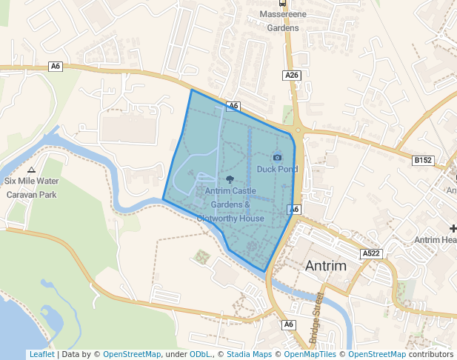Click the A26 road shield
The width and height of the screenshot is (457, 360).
tap(292, 76)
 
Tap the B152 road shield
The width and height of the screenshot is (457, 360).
tap(423, 160)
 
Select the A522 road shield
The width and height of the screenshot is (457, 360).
tap(371, 253)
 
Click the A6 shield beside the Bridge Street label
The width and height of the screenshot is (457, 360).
tap(288, 324)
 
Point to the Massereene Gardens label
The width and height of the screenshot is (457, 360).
tap(282, 21)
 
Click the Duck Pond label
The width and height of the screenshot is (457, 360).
tap(277, 169)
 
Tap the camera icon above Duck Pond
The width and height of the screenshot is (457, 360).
tap(277, 157)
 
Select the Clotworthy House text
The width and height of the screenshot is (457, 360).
tap(230, 219)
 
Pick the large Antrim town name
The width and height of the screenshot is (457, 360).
tap(325, 266)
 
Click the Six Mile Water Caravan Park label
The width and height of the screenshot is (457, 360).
tap(31, 187)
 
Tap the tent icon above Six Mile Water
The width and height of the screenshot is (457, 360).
tap(30, 170)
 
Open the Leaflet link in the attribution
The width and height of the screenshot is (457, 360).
tap(41, 354)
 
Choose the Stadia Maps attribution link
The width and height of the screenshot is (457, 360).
tap(247, 354)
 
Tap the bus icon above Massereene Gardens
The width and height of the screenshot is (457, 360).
tap(282, 3)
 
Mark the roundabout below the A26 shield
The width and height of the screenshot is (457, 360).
tap(298, 129)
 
